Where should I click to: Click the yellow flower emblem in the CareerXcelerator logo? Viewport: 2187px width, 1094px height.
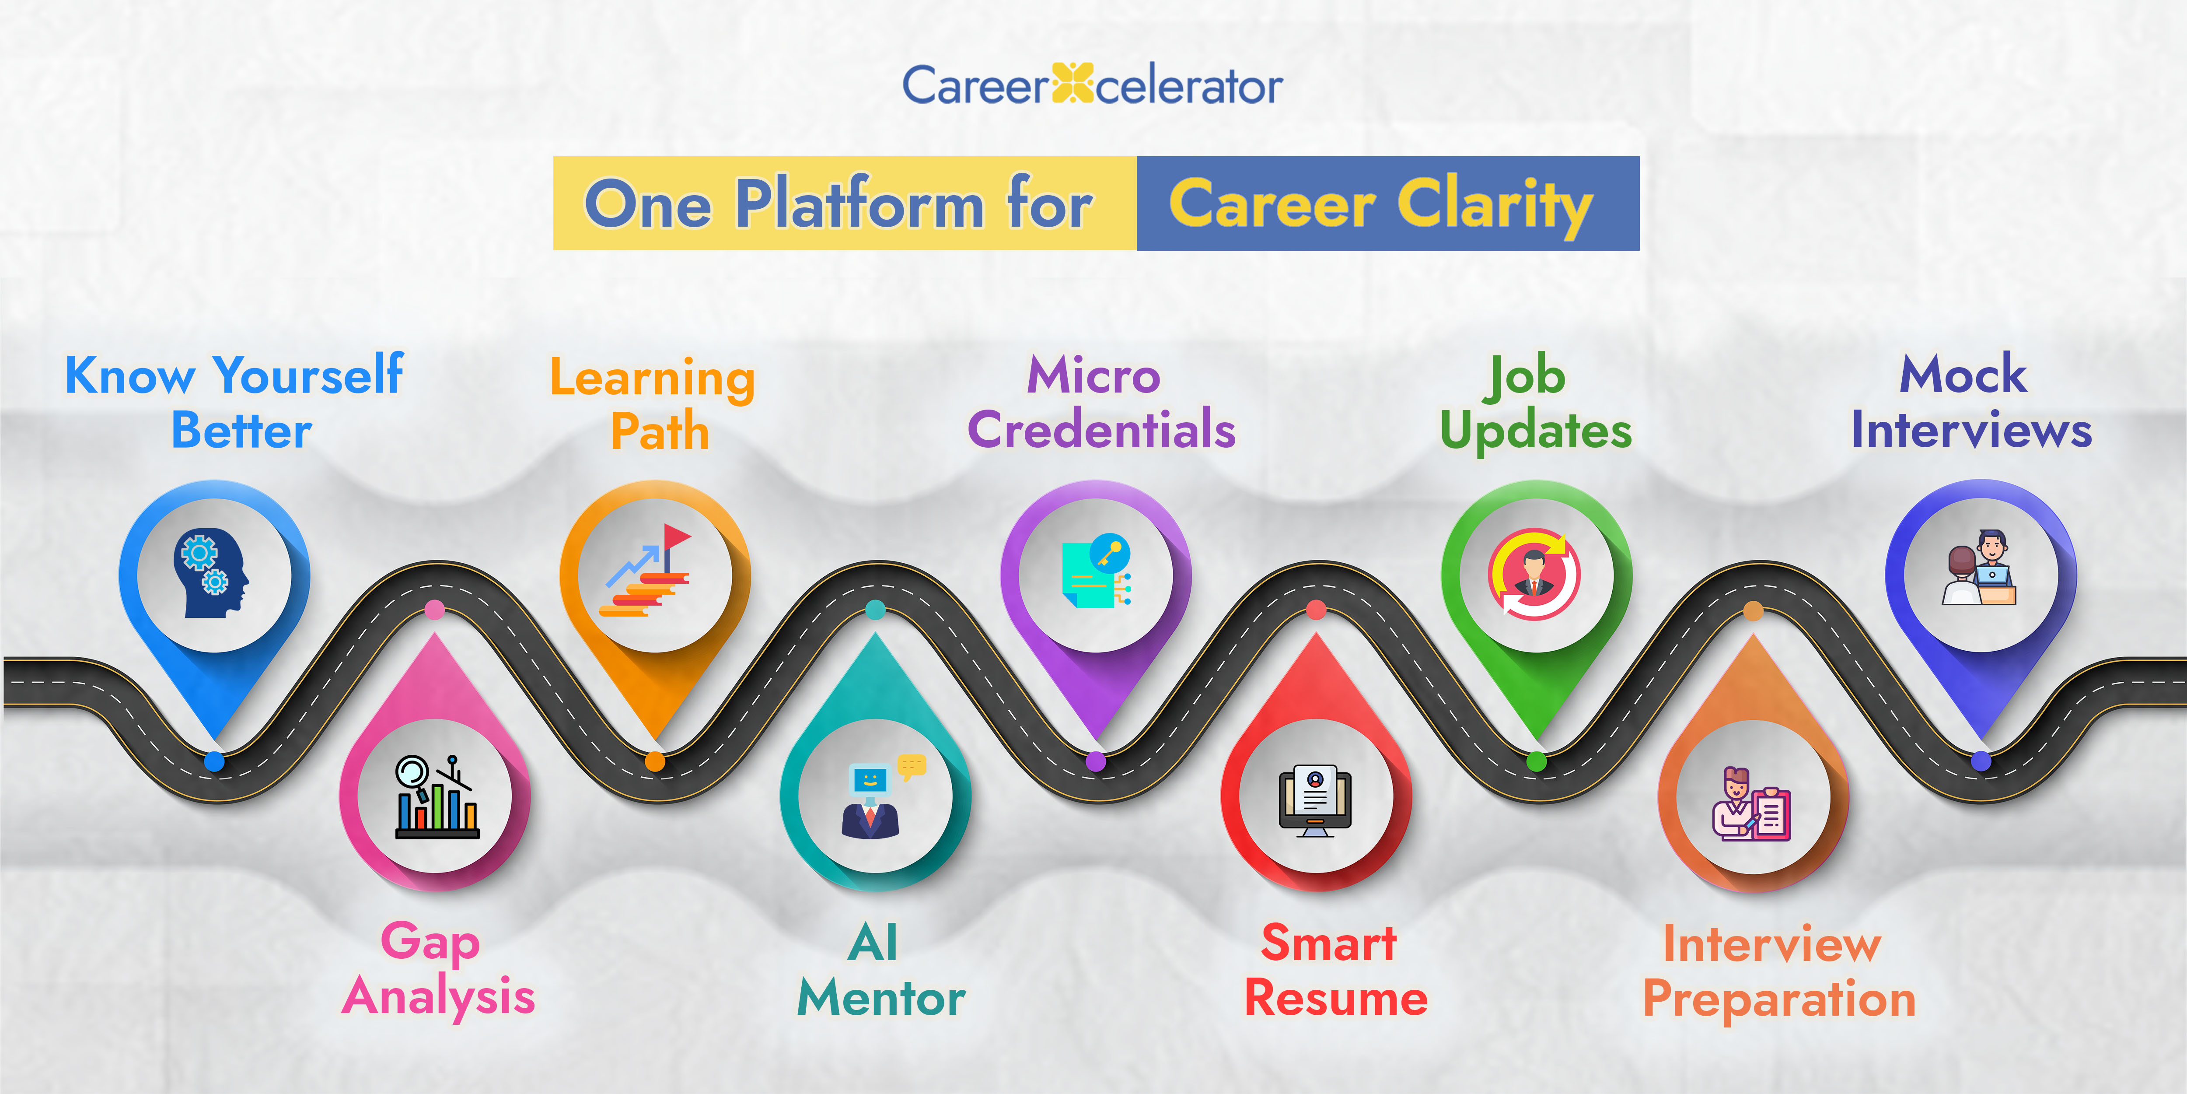tap(1072, 83)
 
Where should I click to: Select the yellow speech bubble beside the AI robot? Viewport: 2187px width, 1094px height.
tap(912, 767)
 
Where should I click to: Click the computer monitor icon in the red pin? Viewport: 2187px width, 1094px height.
tap(1315, 800)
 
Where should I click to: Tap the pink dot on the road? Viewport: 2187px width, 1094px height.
tap(434, 609)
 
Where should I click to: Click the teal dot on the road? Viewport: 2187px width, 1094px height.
tap(875, 609)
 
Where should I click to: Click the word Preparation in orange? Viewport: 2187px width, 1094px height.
tap(1779, 1000)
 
